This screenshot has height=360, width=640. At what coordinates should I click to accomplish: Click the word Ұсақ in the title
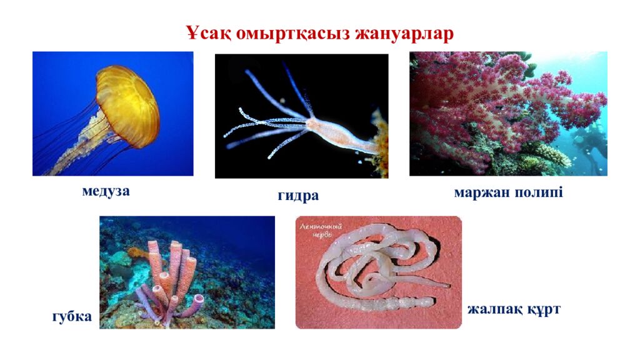pyautogui.click(x=207, y=33)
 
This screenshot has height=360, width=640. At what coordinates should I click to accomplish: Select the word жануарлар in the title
pyautogui.click(x=404, y=33)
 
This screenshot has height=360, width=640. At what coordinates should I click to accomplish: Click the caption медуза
pyautogui.click(x=106, y=191)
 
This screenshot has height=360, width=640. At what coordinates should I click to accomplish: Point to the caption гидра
pyautogui.click(x=298, y=196)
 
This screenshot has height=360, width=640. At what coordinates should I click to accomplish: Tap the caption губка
pyautogui.click(x=72, y=317)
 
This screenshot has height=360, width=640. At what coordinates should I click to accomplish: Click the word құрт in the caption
pyautogui.click(x=542, y=309)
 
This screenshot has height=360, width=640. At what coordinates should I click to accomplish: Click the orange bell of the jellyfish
pyautogui.click(x=129, y=103)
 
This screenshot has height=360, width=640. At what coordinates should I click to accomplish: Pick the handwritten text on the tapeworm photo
pyautogui.click(x=320, y=230)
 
